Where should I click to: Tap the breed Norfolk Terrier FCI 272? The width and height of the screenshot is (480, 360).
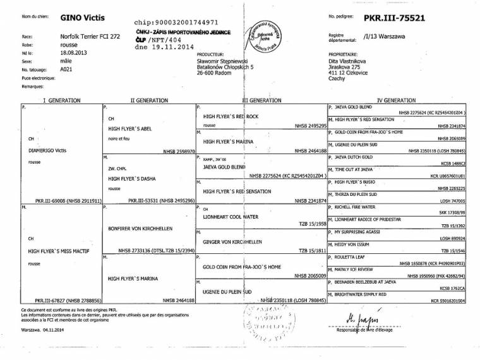[86, 37]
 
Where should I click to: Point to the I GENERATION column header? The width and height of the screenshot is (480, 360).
[61, 100]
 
